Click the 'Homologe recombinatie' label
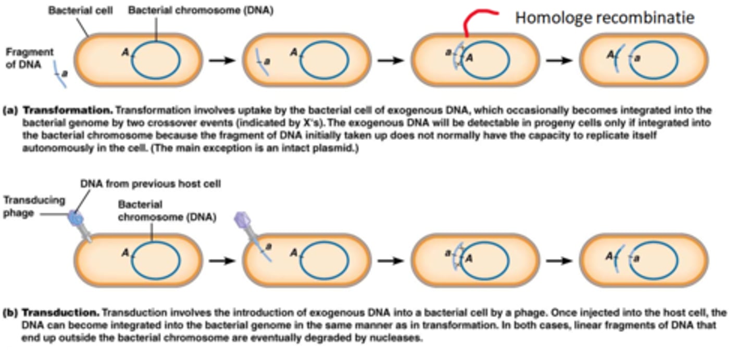[x=605, y=18]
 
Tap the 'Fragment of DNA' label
[x=30, y=58]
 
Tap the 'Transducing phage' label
[x=34, y=206]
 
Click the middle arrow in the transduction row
[x=391, y=260]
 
